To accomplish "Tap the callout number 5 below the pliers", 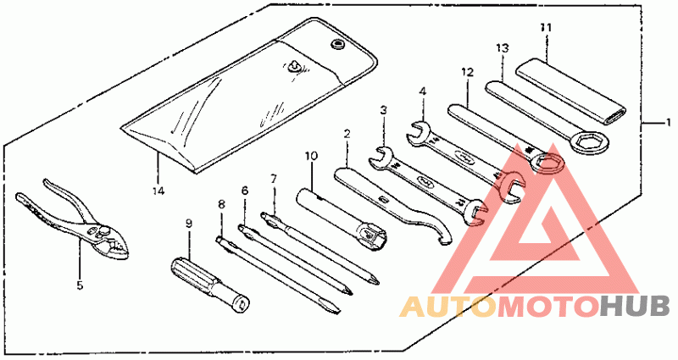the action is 80,285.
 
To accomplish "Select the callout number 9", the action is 189,223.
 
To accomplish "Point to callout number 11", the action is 547,27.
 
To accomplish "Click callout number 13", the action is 503,47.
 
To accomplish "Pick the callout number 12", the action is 465,72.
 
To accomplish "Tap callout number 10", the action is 311,155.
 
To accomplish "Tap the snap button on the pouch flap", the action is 338,44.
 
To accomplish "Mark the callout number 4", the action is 421,90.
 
